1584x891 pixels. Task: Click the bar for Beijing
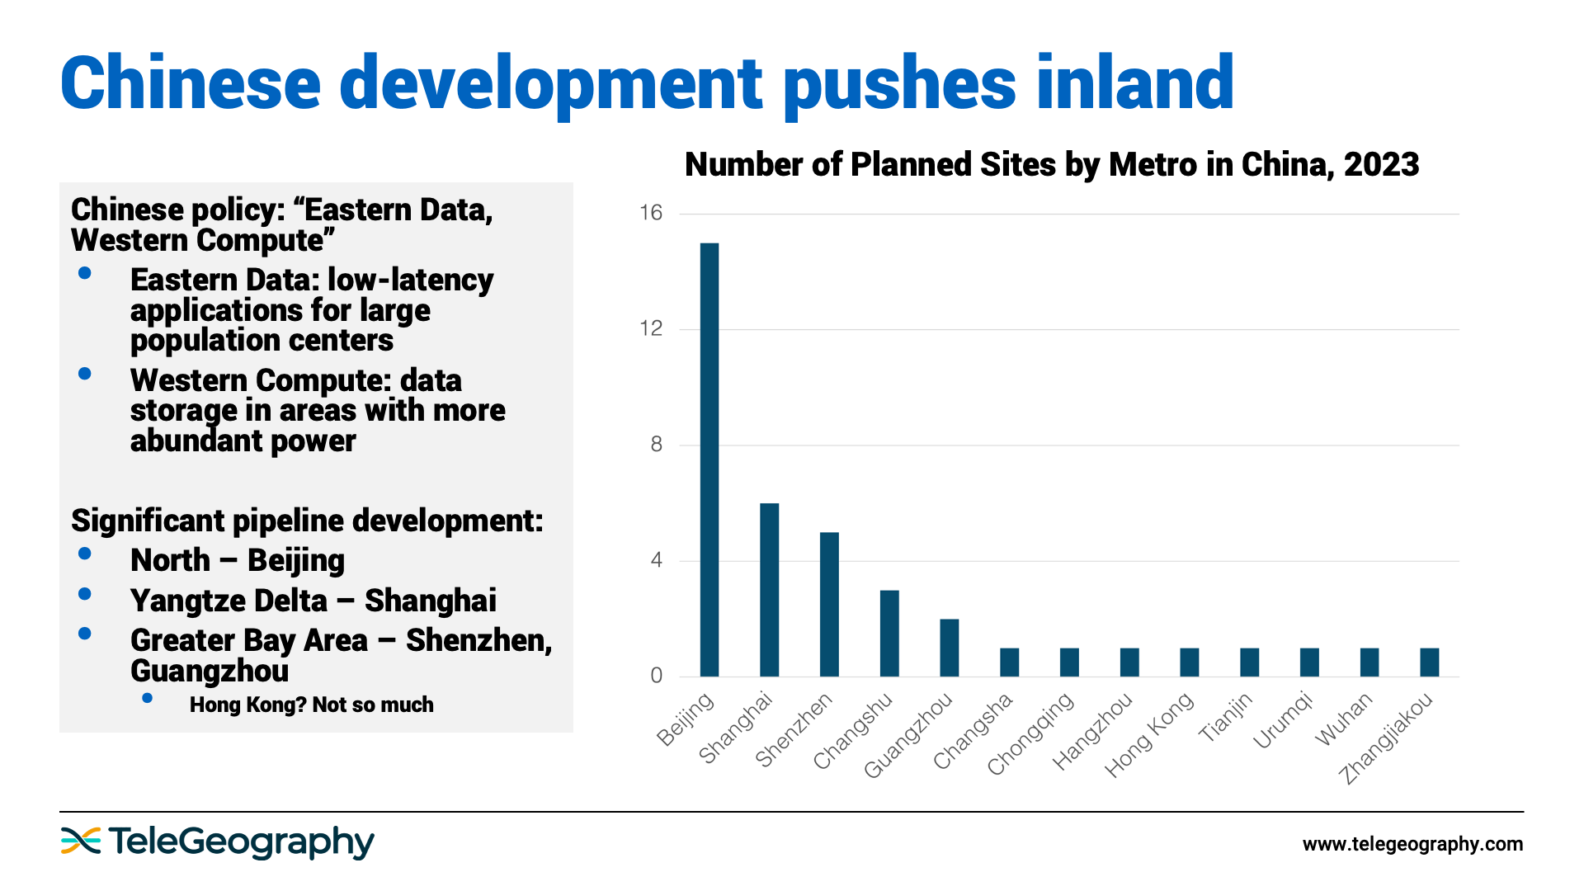click(709, 460)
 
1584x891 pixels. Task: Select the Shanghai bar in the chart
click(769, 590)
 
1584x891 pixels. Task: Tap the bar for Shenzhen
click(829, 604)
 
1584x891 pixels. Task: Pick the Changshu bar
click(889, 633)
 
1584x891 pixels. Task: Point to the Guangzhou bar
click(949, 648)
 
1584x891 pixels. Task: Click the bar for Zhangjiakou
click(1429, 662)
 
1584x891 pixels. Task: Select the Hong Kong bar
click(1189, 662)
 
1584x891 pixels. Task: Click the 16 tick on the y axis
click(651, 214)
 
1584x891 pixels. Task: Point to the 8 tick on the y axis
click(656, 445)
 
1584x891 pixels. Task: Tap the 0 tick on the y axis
click(656, 676)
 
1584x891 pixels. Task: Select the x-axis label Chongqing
click(1031, 734)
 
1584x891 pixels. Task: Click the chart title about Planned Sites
click(1052, 165)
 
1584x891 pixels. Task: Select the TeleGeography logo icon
click(80, 841)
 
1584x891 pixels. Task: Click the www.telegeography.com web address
click(1412, 844)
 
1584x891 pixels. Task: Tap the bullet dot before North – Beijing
click(84, 554)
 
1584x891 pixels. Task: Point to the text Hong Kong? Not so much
click(311, 705)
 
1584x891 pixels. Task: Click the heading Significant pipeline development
click(307, 521)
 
